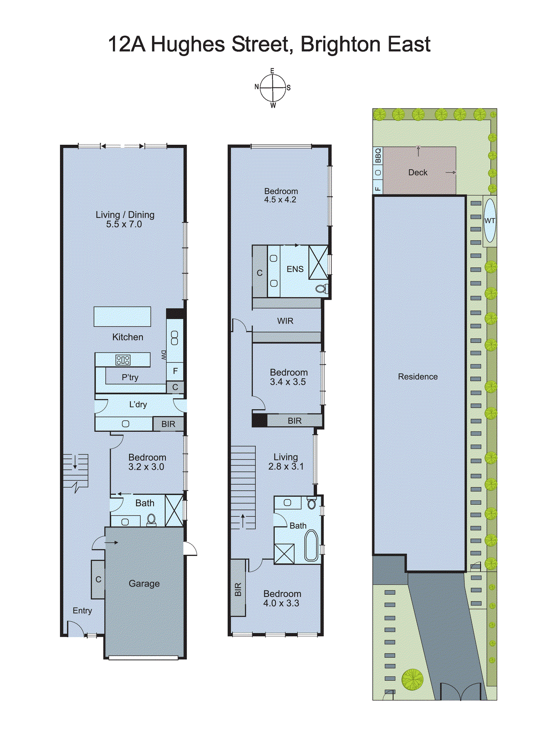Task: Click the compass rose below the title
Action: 272,88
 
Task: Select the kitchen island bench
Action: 122,316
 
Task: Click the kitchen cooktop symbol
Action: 123,360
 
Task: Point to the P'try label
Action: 130,377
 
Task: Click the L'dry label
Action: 138,404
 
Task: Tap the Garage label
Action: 144,584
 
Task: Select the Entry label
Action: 82,610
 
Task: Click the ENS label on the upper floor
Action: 295,269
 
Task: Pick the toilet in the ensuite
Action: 322,288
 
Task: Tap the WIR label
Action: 285,321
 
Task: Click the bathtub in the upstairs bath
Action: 311,545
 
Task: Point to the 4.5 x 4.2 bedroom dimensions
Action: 280,200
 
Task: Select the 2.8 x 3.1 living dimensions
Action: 286,467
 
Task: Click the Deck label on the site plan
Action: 418,172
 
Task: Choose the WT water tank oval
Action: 490,221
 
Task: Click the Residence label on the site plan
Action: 418,377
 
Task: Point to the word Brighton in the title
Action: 334,44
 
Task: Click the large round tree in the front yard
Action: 412,679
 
